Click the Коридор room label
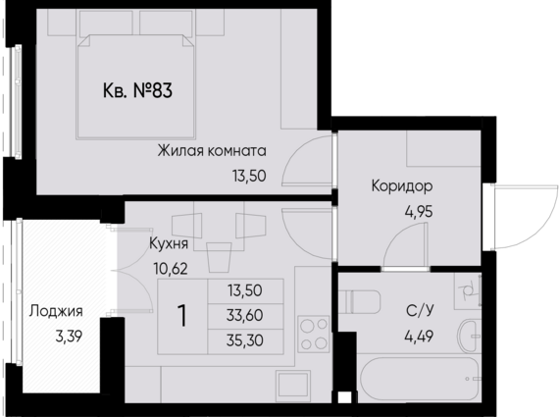click(402, 185)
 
